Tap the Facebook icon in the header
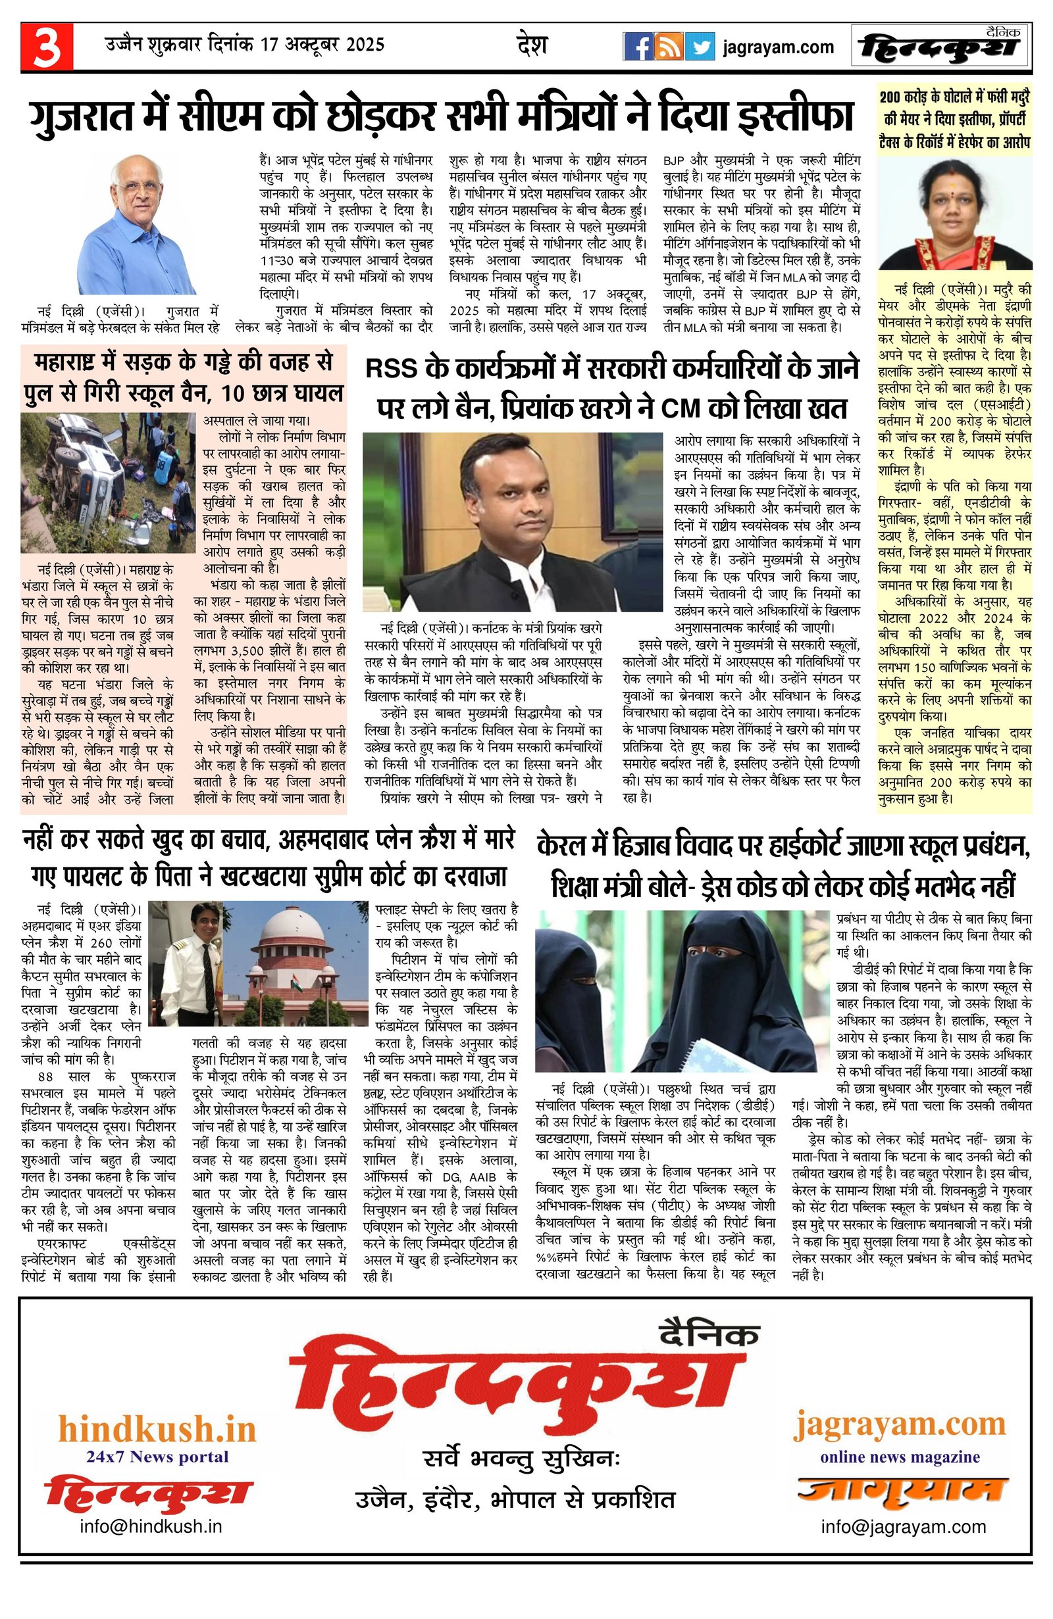click(x=638, y=46)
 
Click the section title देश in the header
click(x=532, y=45)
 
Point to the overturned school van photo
click(x=107, y=481)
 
